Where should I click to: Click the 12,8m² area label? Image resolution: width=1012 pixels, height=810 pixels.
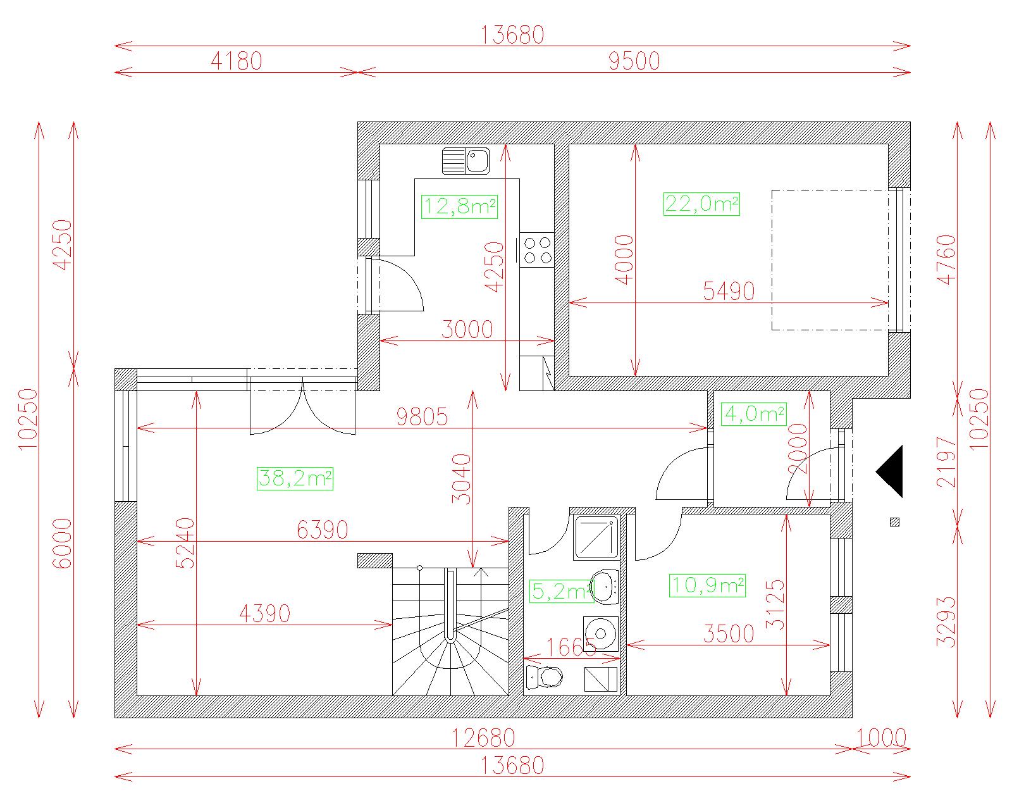pos(459,207)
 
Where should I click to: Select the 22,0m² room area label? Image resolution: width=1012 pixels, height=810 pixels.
pos(701,204)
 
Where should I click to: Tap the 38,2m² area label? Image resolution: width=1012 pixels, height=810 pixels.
pos(295,478)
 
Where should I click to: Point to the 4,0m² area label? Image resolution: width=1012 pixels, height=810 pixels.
pos(754,414)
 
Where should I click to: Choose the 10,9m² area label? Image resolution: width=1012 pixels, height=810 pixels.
pos(707,585)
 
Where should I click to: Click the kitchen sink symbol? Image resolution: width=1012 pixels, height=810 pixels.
pos(466,161)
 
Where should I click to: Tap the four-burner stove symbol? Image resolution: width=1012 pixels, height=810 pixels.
pos(536,250)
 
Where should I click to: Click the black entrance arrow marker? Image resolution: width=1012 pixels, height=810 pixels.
pos(890,471)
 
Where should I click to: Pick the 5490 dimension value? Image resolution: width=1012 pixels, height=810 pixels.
pos(729,291)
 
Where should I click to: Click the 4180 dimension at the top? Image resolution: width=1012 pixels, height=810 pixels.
pos(236,61)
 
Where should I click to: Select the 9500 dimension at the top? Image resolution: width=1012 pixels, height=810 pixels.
pos(634,61)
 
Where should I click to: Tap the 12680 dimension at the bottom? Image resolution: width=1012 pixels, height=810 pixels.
pos(483,738)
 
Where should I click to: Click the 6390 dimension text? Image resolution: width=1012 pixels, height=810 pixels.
pos(322,530)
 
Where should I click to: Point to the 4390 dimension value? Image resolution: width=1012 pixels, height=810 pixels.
pos(265,614)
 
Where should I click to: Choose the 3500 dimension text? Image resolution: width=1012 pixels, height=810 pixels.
pos(729,634)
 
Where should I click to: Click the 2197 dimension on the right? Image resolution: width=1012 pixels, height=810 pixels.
pos(946,462)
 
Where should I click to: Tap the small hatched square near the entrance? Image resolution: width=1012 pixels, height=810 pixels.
pos(894,521)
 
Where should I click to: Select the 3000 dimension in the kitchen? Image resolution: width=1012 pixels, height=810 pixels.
pos(467,330)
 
